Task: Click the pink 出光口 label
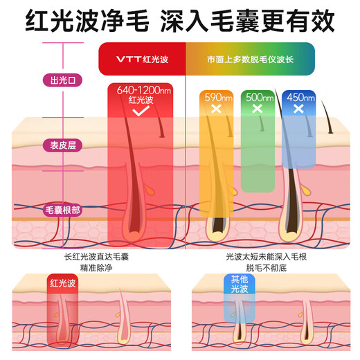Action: tap(63, 80)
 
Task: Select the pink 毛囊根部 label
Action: tap(63, 209)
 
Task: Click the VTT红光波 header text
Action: tap(141, 57)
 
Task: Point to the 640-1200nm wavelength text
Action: tap(143, 91)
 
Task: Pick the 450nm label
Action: tap(299, 97)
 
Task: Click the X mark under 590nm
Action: tap(215, 109)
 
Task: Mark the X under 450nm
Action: tap(299, 109)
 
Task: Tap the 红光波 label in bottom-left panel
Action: tap(64, 282)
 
